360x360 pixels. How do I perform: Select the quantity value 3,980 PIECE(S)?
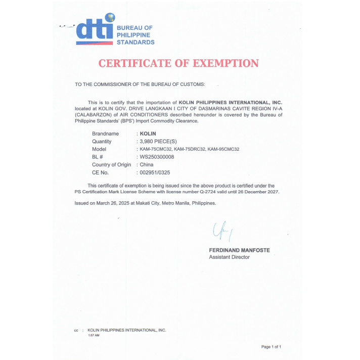coord(161,142)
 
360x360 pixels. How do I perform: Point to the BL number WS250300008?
coord(157,157)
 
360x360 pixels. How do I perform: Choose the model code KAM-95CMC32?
coord(223,150)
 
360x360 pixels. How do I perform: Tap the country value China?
coord(147,165)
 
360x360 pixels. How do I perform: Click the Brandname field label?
coord(105,133)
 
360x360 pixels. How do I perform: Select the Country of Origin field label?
coord(111,165)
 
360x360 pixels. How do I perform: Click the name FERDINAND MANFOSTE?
coord(239,250)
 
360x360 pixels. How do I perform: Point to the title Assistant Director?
coord(229,257)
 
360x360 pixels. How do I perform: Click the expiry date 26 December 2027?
coord(257,193)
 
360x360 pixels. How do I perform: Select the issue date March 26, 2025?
coord(111,203)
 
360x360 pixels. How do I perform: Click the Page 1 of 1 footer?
coord(271,347)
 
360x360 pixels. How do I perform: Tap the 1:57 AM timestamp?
coord(94,335)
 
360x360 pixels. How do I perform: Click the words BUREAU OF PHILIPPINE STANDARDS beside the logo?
coord(136,35)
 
